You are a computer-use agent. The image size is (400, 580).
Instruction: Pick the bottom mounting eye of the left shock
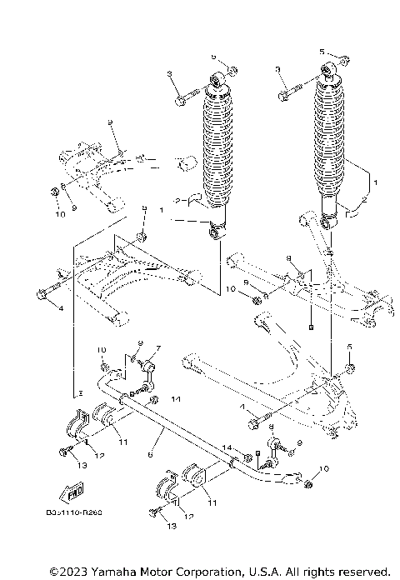(x=217, y=229)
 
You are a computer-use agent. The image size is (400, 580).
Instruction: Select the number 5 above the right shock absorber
(x=322, y=52)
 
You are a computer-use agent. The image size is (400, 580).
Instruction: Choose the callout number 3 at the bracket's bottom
(x=81, y=391)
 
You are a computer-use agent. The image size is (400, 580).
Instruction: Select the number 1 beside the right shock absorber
(x=376, y=181)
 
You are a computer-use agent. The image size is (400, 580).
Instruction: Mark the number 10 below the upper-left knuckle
(x=60, y=214)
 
